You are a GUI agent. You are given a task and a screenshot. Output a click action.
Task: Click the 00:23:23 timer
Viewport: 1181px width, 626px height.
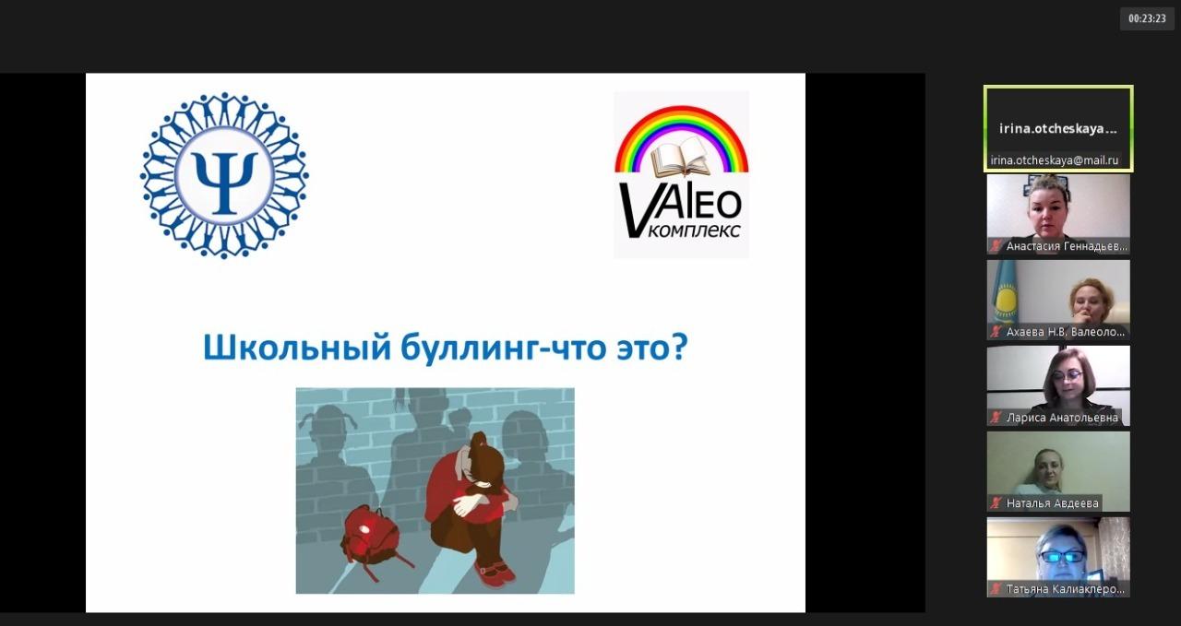click(x=1147, y=18)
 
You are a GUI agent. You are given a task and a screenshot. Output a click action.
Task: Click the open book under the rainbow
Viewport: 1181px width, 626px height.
click(x=681, y=157)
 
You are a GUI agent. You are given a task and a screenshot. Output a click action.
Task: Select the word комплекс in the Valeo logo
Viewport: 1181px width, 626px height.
click(x=693, y=230)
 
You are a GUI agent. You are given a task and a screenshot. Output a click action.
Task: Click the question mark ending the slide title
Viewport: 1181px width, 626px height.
click(x=678, y=346)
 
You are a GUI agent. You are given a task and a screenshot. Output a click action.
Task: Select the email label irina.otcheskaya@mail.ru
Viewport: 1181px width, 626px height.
click(x=1054, y=160)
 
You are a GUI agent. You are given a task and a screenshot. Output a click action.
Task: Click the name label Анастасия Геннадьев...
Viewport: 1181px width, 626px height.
click(x=1067, y=246)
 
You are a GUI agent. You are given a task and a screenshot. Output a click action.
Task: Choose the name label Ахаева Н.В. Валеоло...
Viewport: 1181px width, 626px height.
click(x=1065, y=332)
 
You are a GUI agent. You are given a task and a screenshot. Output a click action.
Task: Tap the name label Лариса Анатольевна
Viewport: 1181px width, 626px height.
click(x=1062, y=418)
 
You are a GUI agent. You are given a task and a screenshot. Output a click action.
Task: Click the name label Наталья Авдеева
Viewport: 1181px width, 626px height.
click(x=1053, y=503)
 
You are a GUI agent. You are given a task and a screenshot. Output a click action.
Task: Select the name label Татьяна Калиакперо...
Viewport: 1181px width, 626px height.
click(x=1065, y=589)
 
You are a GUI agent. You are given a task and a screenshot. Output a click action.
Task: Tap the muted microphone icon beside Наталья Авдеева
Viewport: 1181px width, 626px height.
click(x=996, y=503)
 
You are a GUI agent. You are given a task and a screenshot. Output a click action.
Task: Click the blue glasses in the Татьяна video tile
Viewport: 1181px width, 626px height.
click(x=1061, y=556)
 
